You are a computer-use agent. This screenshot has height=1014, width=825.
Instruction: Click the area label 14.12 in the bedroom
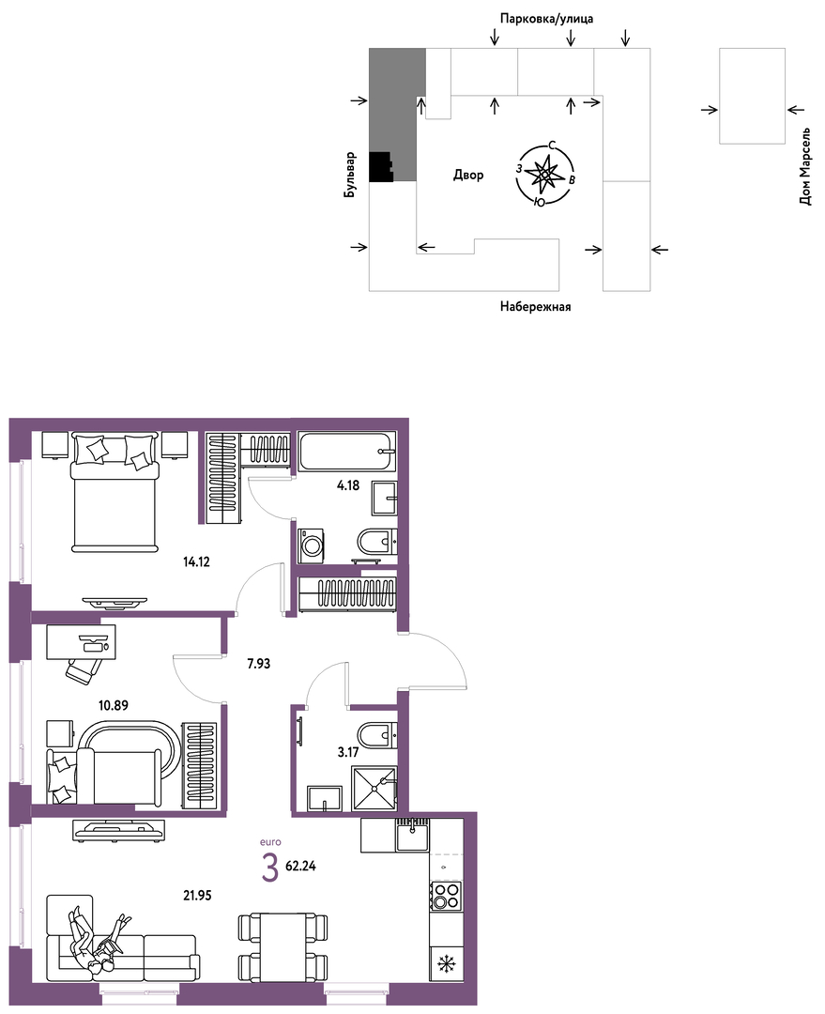(196, 562)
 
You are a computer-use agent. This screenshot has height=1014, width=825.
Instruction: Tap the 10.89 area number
(114, 705)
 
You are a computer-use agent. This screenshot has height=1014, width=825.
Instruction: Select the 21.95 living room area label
(197, 896)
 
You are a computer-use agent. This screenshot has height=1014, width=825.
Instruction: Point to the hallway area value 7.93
(259, 664)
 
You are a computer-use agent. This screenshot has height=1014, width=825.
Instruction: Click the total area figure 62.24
(300, 866)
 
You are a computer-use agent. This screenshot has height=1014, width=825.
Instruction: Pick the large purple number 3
(269, 868)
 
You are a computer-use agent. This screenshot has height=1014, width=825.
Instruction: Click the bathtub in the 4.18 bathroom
(347, 452)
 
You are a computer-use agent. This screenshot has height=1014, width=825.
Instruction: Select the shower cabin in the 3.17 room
(373, 789)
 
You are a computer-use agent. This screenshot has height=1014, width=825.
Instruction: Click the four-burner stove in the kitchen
(446, 896)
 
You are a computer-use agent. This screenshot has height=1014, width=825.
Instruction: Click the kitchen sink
(413, 836)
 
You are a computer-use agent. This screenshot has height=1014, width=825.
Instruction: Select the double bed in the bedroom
(115, 491)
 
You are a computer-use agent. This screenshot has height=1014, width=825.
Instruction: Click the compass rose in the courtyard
(545, 174)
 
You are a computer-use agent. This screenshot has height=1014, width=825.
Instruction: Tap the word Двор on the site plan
(468, 175)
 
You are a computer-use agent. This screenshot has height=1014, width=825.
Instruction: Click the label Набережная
(535, 307)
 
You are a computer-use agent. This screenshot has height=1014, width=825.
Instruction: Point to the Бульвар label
(350, 175)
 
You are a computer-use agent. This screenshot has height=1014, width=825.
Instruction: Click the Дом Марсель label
(805, 166)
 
